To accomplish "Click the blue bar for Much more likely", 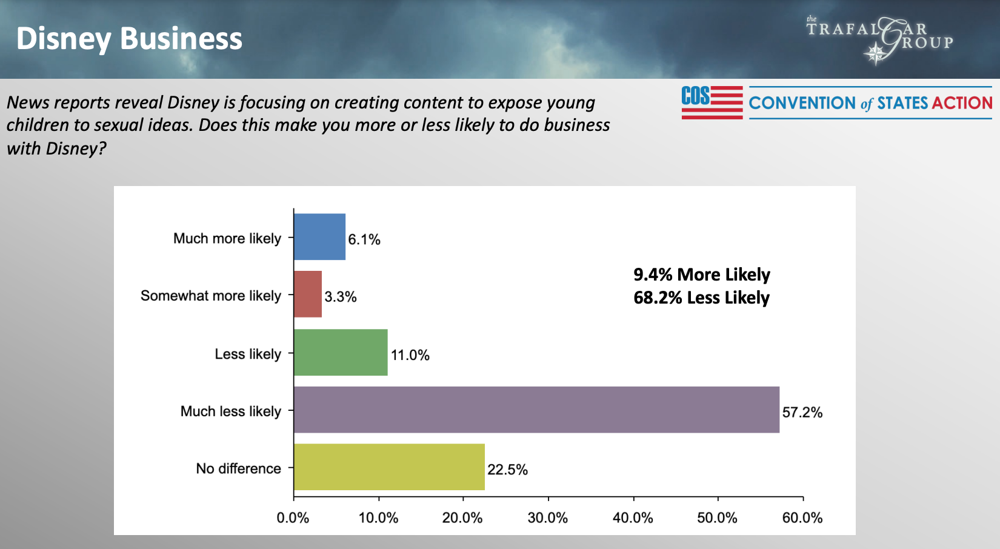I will (x=319, y=237).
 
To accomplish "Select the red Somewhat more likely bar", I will (x=308, y=294).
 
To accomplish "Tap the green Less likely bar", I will (x=341, y=353).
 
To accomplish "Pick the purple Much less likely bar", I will (x=536, y=410).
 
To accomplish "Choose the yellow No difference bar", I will (x=389, y=467).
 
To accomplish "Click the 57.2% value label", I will (x=802, y=413).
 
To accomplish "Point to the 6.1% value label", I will (x=364, y=239).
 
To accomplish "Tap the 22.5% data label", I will (x=507, y=470).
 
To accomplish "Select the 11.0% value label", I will (x=410, y=355).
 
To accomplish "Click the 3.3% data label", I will (x=341, y=297).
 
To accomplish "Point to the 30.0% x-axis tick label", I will (x=547, y=518).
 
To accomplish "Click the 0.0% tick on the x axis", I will (x=293, y=518).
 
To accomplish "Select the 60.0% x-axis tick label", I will (x=802, y=518).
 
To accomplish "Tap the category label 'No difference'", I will (x=238, y=468).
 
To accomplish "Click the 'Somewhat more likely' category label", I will (x=211, y=296).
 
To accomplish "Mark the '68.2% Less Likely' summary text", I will (x=701, y=298).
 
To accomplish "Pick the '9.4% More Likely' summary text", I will (x=701, y=274).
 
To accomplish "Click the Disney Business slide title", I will (x=129, y=38).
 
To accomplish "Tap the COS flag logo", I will (x=712, y=102).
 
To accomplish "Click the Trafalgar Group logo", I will (x=879, y=39).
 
